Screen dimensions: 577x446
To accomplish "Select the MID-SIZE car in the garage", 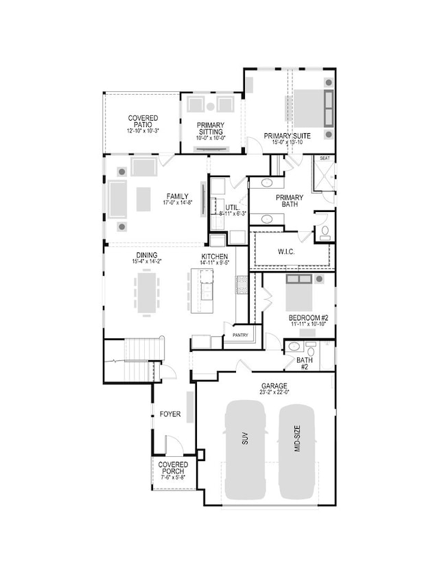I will point(296,451).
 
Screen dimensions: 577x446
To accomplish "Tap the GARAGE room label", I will point(274,386).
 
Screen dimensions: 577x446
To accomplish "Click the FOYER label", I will point(170,414).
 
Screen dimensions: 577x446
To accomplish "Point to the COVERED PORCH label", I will point(173,468).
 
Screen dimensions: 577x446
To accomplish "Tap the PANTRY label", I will point(239,335).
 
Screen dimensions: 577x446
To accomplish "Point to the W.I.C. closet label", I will point(286,252).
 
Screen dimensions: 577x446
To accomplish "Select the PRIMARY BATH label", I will point(289,201).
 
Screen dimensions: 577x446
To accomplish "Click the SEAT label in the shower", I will point(325,158).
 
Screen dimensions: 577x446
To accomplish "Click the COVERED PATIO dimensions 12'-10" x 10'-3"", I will point(143,130).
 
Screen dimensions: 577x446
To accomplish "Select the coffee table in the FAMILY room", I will point(143,199).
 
